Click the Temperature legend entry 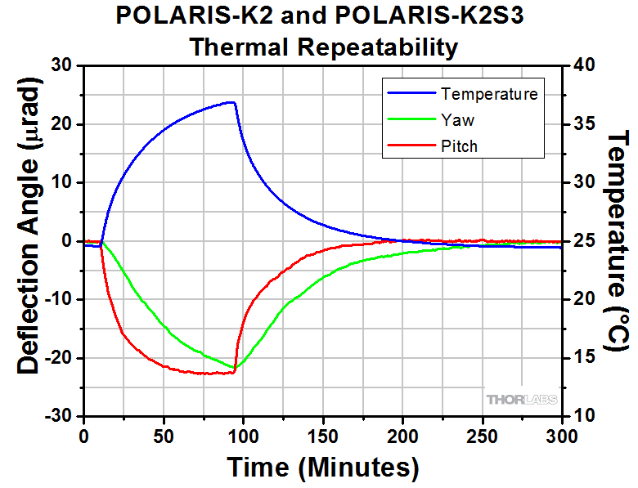click(x=489, y=93)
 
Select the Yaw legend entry click(x=457, y=120)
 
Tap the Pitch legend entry click(x=459, y=146)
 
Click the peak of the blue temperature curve click(x=233, y=102)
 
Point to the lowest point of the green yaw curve click(x=236, y=367)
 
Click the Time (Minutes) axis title click(x=322, y=468)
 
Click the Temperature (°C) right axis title click(x=618, y=241)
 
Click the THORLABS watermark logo click(x=522, y=399)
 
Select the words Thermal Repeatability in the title click(x=323, y=47)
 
